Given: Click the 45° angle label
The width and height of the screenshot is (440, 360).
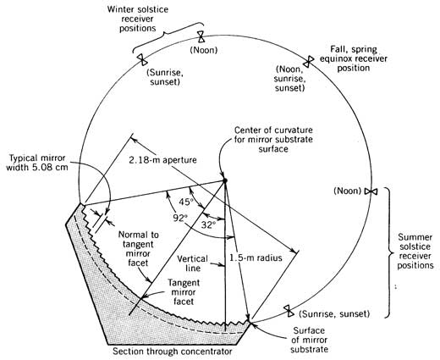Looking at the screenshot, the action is [x=185, y=202].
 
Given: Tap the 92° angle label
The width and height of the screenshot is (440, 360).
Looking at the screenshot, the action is [x=180, y=219].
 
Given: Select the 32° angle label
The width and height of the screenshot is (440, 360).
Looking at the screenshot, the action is [x=208, y=224].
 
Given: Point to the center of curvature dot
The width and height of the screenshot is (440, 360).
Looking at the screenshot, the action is [x=225, y=180].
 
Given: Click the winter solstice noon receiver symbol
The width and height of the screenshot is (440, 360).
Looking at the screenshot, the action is [x=201, y=36].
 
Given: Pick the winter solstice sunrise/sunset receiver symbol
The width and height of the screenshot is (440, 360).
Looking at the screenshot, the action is [x=141, y=59].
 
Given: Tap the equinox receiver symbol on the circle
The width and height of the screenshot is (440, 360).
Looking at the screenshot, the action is [x=309, y=61].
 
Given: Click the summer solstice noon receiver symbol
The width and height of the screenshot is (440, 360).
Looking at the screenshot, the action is [x=371, y=191].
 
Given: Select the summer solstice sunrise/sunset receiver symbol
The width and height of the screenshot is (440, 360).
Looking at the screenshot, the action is [x=289, y=311].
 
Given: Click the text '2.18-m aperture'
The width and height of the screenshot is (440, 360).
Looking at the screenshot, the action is [x=162, y=160].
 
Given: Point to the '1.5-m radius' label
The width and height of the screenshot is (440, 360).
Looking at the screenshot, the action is [x=256, y=258].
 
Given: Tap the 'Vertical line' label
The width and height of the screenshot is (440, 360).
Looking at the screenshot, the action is [x=193, y=263].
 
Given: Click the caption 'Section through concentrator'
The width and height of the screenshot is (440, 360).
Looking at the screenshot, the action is [x=173, y=352].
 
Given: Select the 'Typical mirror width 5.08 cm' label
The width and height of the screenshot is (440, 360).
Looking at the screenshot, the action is [x=37, y=163].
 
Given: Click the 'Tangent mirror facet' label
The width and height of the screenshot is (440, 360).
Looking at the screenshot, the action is [x=184, y=292].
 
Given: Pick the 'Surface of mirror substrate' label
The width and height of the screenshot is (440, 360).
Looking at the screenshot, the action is [x=309, y=340].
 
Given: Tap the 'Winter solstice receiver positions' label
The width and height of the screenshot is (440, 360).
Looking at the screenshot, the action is [x=138, y=19].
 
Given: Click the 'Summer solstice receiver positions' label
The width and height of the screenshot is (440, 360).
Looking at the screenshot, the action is [x=415, y=252].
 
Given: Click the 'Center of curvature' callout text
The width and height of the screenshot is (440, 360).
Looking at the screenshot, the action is [x=273, y=140].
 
